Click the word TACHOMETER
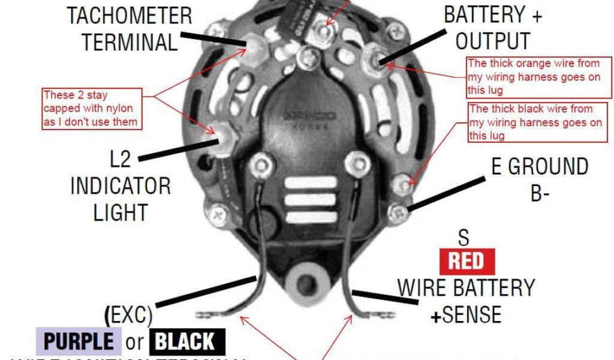130,16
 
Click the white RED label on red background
467,262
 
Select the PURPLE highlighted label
79,341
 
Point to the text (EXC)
129,314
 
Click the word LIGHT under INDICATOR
121,212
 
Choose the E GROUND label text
540,167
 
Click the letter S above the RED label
463,238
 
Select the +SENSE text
466,314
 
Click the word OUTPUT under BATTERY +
493,41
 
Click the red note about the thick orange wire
539,77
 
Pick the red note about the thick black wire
535,122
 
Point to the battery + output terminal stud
378,57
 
